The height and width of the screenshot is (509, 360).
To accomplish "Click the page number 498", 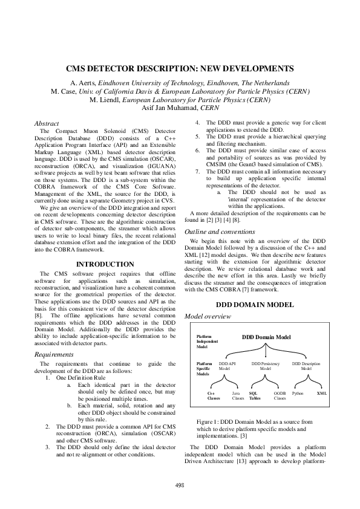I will pos(180,485).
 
